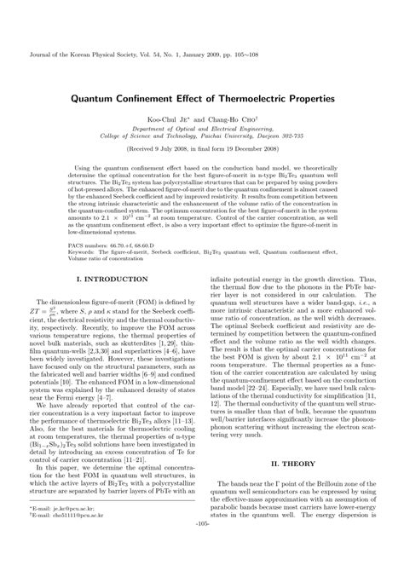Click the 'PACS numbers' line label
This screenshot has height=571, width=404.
click(x=70, y=243)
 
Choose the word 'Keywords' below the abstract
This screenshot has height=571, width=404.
click(x=61, y=251)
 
